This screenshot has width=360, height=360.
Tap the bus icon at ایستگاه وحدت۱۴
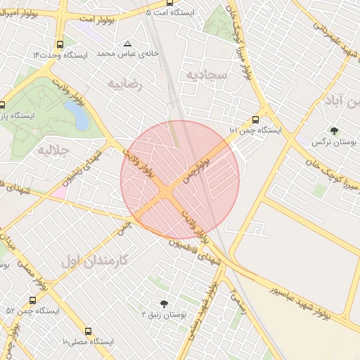(59, 44)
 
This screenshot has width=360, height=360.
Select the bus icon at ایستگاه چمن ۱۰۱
(255, 120)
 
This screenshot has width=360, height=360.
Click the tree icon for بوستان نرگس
(334, 130)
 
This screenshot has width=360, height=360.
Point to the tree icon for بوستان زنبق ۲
(165, 304)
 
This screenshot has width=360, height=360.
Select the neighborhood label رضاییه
(125, 84)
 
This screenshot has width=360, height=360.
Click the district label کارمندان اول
(95, 259)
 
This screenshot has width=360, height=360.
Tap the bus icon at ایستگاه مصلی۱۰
(88, 331)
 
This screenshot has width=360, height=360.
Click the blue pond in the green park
(79, 116)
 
